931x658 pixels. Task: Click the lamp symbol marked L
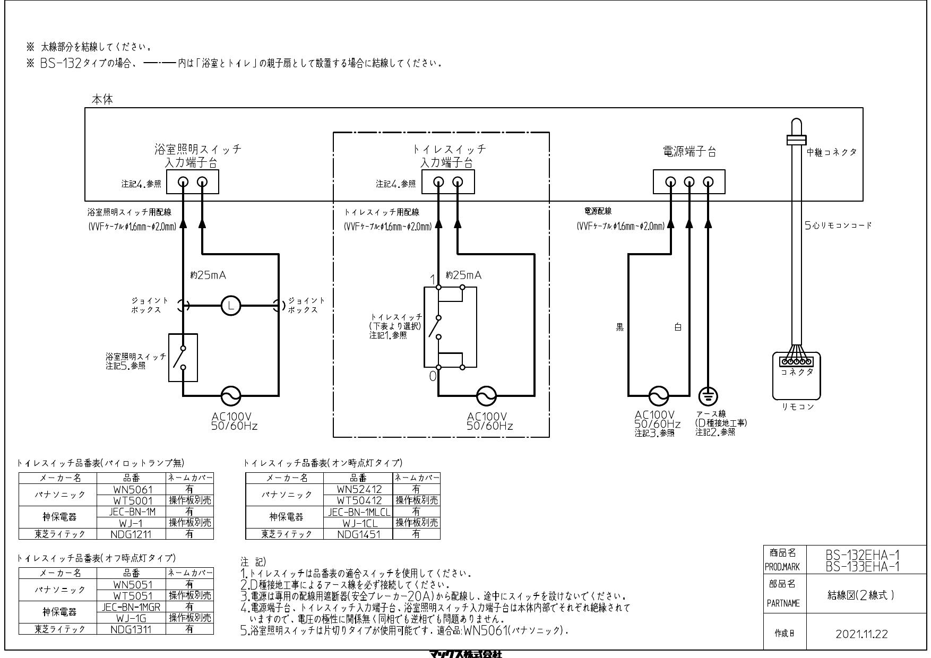[231, 305]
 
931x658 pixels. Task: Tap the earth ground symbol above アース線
[708, 396]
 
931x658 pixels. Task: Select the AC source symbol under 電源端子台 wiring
[659, 396]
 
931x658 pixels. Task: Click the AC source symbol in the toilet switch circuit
[487, 396]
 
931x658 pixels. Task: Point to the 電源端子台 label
[689, 152]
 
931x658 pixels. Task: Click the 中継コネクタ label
[831, 152]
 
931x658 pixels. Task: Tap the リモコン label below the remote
[797, 406]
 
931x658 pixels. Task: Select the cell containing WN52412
[358, 489]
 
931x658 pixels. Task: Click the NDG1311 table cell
[131, 629]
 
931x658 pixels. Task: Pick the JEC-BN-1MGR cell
[131, 607]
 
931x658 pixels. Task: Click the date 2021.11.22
[861, 634]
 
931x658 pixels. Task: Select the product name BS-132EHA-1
[863, 555]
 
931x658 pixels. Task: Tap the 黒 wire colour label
[619, 327]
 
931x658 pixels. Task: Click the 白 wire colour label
[678, 327]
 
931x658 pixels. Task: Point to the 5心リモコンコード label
[838, 225]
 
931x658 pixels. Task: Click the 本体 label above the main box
[102, 99]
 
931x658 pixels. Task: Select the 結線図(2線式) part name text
[861, 595]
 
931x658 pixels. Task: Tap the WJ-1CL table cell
[358, 523]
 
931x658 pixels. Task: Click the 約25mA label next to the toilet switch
[463, 275]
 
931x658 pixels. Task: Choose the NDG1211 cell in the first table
[131, 534]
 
